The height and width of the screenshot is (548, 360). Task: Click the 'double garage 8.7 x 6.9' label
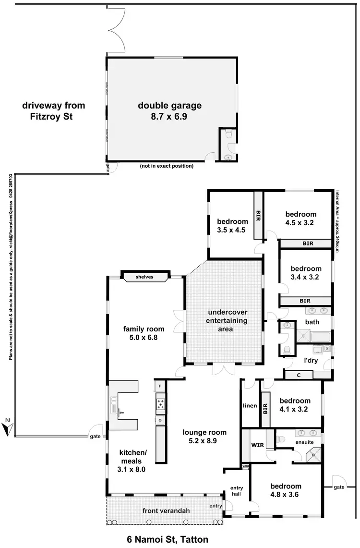pos(170,111)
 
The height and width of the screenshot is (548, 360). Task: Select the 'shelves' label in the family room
pos(144,277)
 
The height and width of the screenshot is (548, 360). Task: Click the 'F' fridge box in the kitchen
pos(160,386)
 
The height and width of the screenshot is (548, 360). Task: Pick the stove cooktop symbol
pos(160,403)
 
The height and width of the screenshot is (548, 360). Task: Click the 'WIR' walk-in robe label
pos(257,445)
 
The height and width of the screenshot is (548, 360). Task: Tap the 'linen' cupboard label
pos(250,405)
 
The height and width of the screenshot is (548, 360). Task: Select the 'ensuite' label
pos(304,442)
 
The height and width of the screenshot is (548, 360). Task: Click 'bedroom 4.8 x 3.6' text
pos(286,490)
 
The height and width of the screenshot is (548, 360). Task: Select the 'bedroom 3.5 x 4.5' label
pos(232,226)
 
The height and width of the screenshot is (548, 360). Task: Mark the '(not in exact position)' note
pos(167,166)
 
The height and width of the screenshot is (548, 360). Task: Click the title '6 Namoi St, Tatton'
pos(168,539)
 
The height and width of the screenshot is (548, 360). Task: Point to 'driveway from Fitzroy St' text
pos(47,110)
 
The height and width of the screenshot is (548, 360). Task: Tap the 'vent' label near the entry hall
pos(246,466)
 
